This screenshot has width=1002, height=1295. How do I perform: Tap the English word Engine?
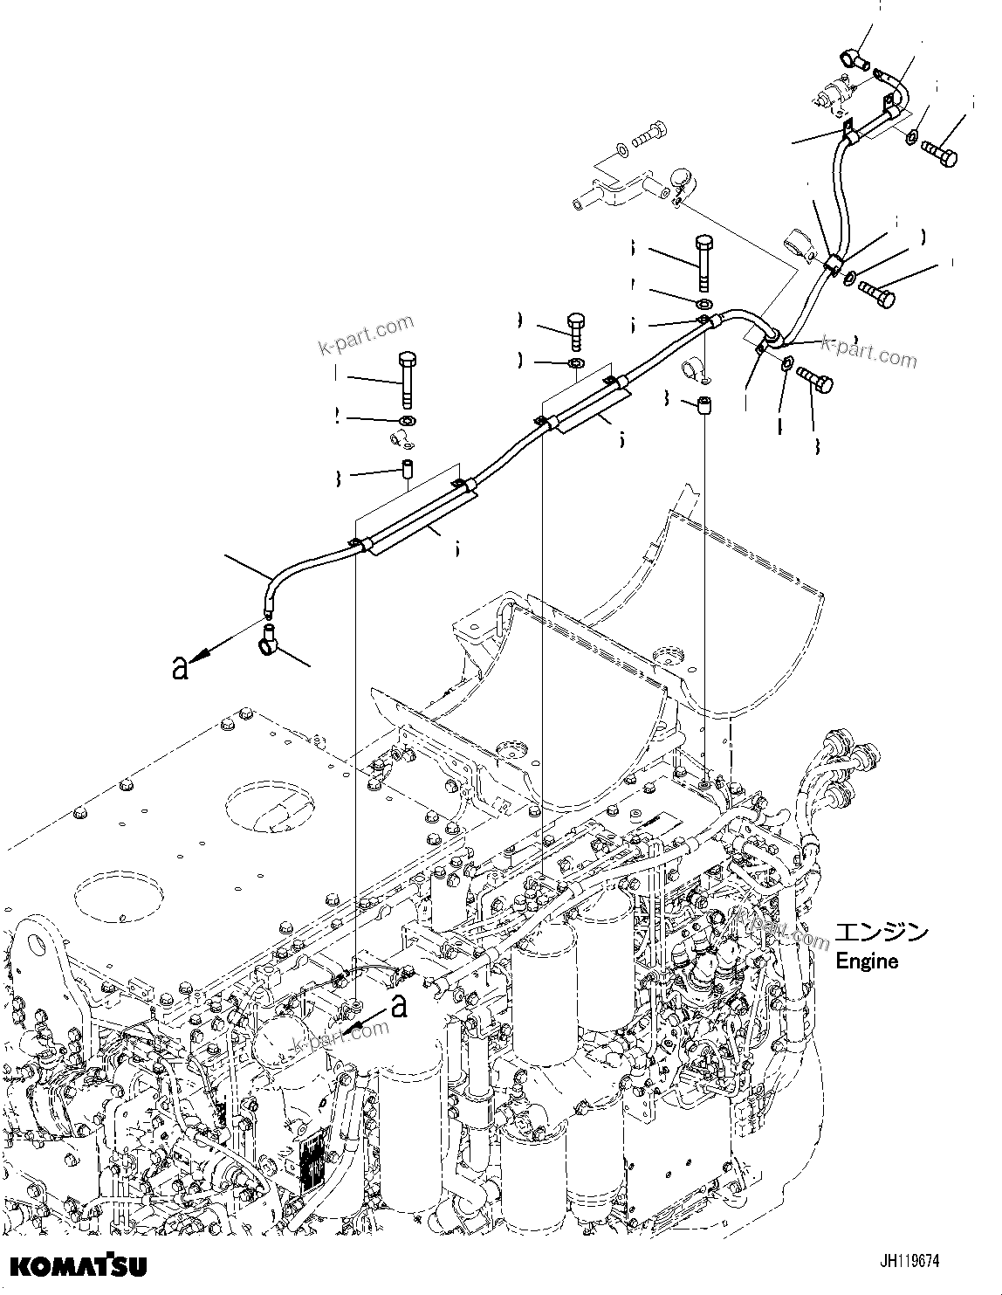867,961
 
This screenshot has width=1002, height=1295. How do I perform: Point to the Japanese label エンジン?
882,933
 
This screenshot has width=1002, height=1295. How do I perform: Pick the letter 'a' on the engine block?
400,1006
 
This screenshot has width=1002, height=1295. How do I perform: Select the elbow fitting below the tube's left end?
271,647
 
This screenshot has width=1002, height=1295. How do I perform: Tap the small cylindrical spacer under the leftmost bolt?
407,470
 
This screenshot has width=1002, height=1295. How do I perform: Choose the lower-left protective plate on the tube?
419,519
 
